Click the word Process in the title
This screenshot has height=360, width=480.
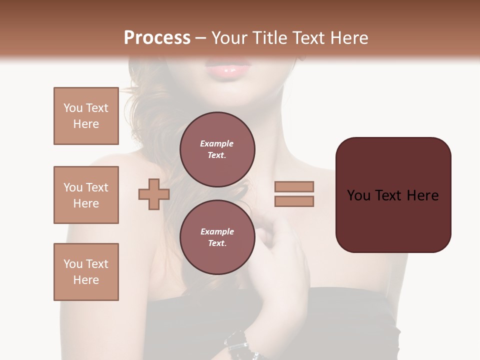pos(157,38)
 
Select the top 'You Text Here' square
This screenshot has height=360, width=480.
pos(86,116)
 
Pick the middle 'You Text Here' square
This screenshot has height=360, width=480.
pos(86,195)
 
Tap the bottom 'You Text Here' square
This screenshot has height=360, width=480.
pos(86,272)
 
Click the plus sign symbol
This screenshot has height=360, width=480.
pos(153,194)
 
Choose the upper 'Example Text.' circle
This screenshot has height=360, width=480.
pos(217,149)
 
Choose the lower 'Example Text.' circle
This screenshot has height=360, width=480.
pos(217,237)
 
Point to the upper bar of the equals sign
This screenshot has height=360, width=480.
pos(294,186)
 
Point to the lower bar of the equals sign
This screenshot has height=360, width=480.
pos(294,201)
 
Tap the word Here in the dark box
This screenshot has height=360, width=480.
pos(422,195)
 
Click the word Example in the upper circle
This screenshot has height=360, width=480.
pos(217,143)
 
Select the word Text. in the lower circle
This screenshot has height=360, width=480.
pos(217,243)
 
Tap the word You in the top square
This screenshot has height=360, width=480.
pos(73,108)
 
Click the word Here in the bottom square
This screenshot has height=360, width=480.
pos(86,280)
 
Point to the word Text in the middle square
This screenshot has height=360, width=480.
pos(97,187)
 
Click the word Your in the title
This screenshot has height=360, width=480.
pos(231,38)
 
